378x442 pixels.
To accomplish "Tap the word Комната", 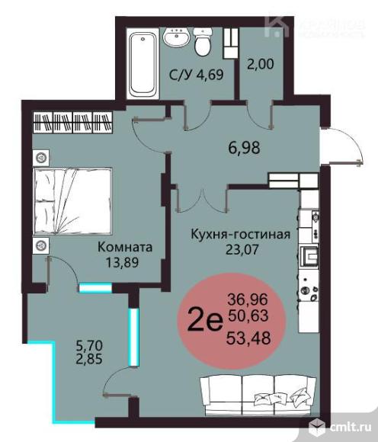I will point(123,247).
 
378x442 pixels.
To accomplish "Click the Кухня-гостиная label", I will point(240,234).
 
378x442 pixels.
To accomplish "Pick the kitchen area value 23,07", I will point(240,248).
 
